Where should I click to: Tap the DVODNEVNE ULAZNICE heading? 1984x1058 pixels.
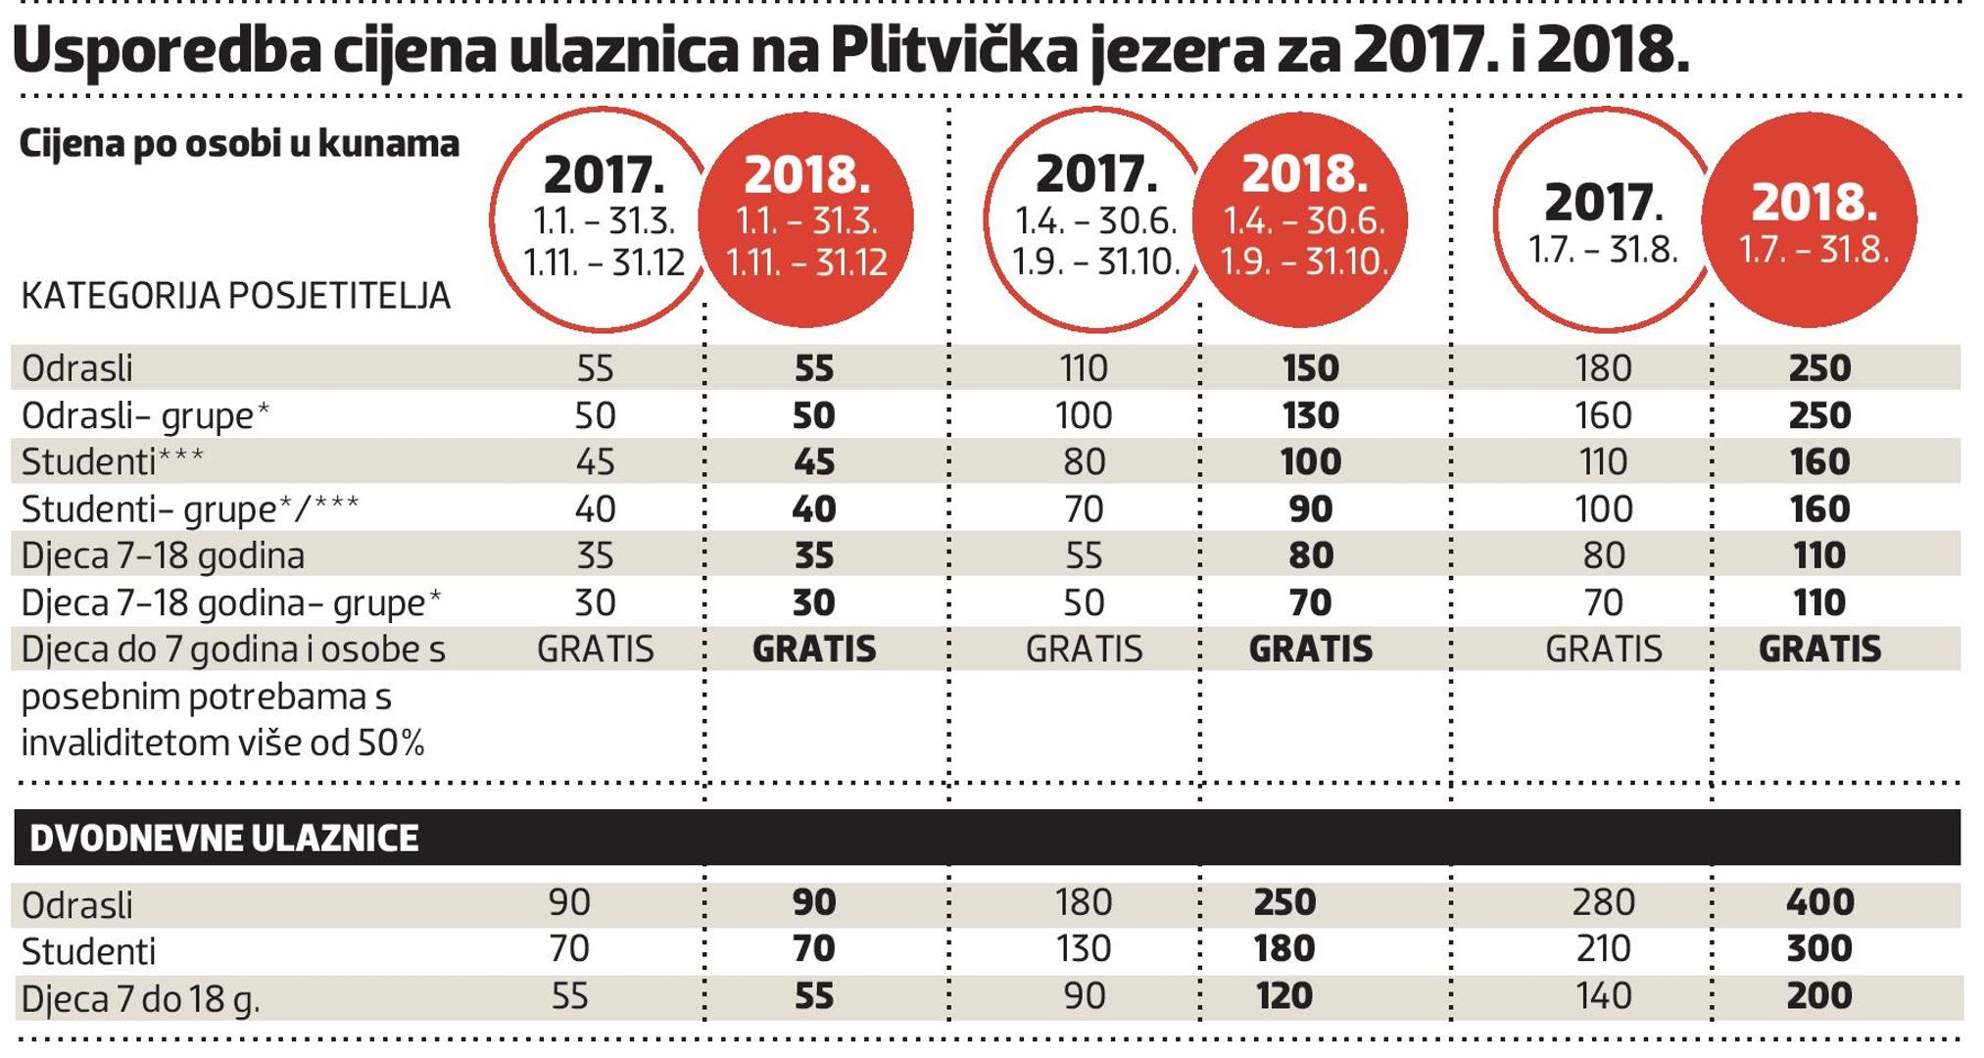(x=224, y=839)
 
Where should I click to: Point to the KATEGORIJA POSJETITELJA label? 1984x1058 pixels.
(x=236, y=295)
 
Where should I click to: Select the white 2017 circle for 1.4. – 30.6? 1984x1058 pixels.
(x=1095, y=219)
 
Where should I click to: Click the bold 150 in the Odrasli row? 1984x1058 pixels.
(x=1310, y=368)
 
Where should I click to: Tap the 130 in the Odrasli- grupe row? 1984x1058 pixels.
(x=1310, y=415)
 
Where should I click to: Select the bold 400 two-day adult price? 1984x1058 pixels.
(x=1819, y=902)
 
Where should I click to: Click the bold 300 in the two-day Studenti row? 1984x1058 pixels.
(x=1819, y=948)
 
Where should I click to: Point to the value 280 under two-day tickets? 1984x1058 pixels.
(x=1603, y=902)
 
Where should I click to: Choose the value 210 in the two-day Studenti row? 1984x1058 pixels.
(x=1603, y=948)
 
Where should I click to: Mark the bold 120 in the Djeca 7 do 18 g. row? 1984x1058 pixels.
(x=1283, y=996)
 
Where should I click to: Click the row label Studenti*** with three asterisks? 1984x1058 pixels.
(x=113, y=461)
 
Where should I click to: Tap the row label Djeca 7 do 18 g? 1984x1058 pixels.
(x=140, y=999)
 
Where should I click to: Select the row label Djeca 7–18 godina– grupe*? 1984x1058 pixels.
(x=231, y=602)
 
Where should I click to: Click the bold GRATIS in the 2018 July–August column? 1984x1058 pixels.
(x=1819, y=649)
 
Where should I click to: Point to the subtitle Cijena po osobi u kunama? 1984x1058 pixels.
(x=239, y=144)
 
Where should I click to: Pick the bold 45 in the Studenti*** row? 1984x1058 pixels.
(x=813, y=461)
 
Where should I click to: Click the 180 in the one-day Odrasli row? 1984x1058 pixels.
(x=1603, y=368)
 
